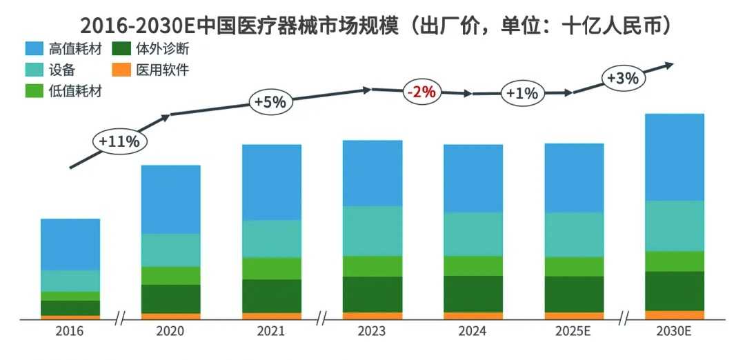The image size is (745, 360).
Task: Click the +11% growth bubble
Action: tap(119, 141)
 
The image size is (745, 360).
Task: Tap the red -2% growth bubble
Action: tap(421, 91)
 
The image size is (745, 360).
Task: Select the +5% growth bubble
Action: tap(270, 102)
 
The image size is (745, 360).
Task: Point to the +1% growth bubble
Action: tap(521, 93)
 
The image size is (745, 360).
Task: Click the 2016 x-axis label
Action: tap(70, 332)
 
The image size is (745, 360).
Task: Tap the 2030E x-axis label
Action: tap(674, 332)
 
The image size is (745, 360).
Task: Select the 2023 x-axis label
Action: tap(372, 332)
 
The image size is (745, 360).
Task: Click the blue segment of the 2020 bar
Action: tap(170, 199)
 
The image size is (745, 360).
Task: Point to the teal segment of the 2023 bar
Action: tap(372, 231)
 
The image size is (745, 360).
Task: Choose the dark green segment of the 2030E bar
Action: tap(674, 291)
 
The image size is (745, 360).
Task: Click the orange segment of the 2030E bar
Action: tap(674, 315)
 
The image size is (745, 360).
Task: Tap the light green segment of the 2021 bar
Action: tap(271, 268)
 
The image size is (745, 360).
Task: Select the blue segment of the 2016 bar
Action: tap(70, 244)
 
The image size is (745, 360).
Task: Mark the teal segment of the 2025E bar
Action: tap(573, 234)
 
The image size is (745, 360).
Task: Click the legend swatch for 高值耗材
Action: tap(34, 49)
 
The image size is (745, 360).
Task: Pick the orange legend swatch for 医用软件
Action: tap(121, 70)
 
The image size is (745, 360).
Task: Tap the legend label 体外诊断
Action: tap(163, 49)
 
